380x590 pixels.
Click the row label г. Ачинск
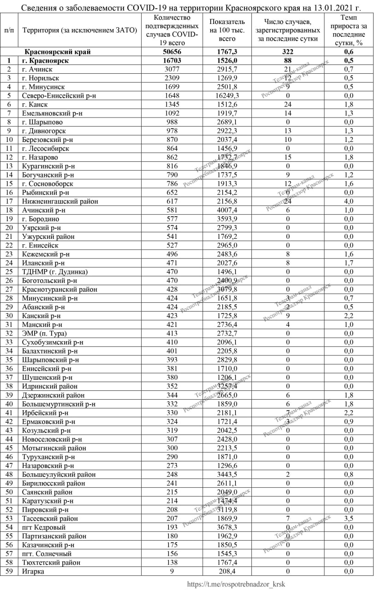(x=37, y=69)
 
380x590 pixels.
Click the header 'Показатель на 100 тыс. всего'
(x=227, y=30)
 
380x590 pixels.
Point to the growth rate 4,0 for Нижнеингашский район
(x=348, y=201)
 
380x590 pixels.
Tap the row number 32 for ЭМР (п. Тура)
(x=9, y=334)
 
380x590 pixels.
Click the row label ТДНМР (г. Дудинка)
(x=54, y=272)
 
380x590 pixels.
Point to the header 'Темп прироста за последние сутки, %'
(x=348, y=30)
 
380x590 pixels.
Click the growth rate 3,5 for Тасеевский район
(x=348, y=519)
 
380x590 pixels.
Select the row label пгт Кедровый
(x=44, y=527)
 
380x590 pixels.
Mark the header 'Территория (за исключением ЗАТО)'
(x=79, y=30)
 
